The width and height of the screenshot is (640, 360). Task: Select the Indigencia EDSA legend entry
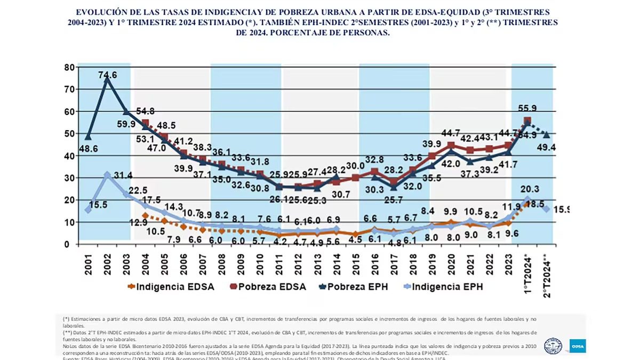(171, 287)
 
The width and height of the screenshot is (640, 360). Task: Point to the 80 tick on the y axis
(68, 68)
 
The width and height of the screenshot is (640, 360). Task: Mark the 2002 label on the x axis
(108, 262)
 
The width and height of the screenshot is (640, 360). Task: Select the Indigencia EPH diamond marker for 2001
(89, 210)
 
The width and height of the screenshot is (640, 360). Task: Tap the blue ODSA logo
(577, 346)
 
